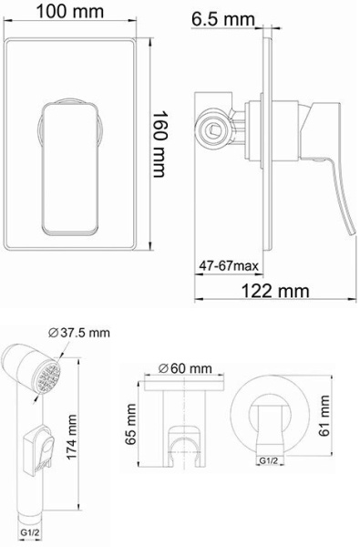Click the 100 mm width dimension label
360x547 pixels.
click(x=70, y=12)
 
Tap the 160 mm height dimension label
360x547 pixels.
click(x=159, y=144)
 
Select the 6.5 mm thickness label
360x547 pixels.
click(x=222, y=19)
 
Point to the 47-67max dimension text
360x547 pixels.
click(x=229, y=266)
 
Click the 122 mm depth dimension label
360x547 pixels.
click(x=275, y=290)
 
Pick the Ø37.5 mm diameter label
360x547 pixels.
click(x=79, y=333)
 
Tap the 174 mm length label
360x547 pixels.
click(x=72, y=437)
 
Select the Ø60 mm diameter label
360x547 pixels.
click(x=185, y=368)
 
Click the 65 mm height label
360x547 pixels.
click(x=131, y=425)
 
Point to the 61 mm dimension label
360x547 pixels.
click(x=324, y=416)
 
